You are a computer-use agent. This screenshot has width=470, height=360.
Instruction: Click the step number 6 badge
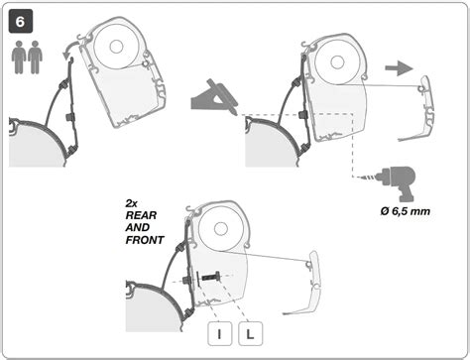(x=21, y=22)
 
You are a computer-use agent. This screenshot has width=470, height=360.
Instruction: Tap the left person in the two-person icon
(x=19, y=58)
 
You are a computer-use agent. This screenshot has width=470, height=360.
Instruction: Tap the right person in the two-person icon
(x=35, y=58)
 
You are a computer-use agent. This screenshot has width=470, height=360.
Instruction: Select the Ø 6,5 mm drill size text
(x=406, y=211)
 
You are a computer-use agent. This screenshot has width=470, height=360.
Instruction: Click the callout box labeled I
(x=219, y=334)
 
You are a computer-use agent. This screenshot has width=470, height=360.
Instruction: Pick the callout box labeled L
(x=250, y=334)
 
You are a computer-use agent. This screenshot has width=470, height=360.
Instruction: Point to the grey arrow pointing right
(x=399, y=68)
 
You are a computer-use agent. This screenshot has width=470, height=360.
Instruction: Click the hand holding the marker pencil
(x=214, y=97)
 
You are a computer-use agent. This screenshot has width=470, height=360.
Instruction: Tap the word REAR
(x=141, y=215)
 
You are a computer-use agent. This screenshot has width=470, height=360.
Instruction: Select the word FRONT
(x=145, y=240)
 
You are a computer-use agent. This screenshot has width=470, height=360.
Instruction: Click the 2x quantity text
(x=131, y=203)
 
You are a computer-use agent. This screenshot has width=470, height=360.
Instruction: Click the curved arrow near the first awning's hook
(x=71, y=49)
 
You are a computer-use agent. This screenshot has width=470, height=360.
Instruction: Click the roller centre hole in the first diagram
(x=116, y=47)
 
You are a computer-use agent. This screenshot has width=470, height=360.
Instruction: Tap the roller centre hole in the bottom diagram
(x=220, y=229)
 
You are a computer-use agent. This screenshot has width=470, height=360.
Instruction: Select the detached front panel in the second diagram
(x=417, y=109)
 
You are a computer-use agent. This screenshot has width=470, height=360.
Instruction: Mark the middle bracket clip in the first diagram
(x=70, y=116)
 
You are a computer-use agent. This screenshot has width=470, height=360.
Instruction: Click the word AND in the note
(x=137, y=228)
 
